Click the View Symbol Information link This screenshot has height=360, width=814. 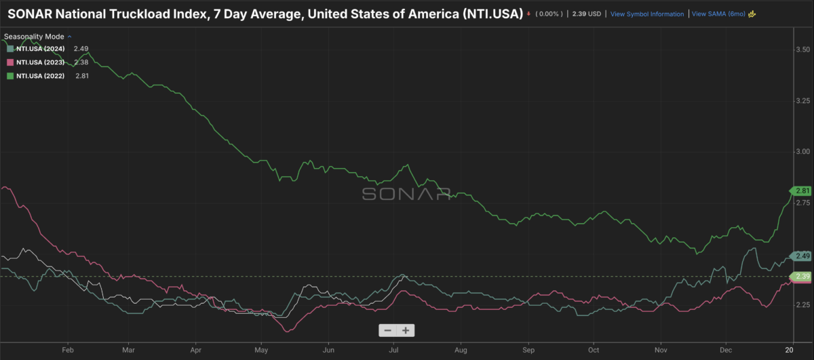coord(646,14)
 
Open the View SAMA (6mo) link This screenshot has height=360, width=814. coord(718,14)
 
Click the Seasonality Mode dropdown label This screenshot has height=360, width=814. coord(34,35)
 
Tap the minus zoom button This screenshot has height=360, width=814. coord(387,331)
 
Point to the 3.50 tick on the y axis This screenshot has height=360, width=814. coord(802,50)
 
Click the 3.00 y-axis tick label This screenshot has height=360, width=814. coord(802,152)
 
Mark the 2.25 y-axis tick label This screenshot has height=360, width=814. coord(802,304)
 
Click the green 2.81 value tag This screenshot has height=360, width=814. coord(802,191)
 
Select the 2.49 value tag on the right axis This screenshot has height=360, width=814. coord(802,256)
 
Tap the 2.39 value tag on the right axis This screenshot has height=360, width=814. coord(802,276)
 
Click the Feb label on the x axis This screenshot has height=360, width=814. coord(67,350)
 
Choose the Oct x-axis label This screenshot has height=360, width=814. coord(594,350)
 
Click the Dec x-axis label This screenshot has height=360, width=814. coord(725,350)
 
